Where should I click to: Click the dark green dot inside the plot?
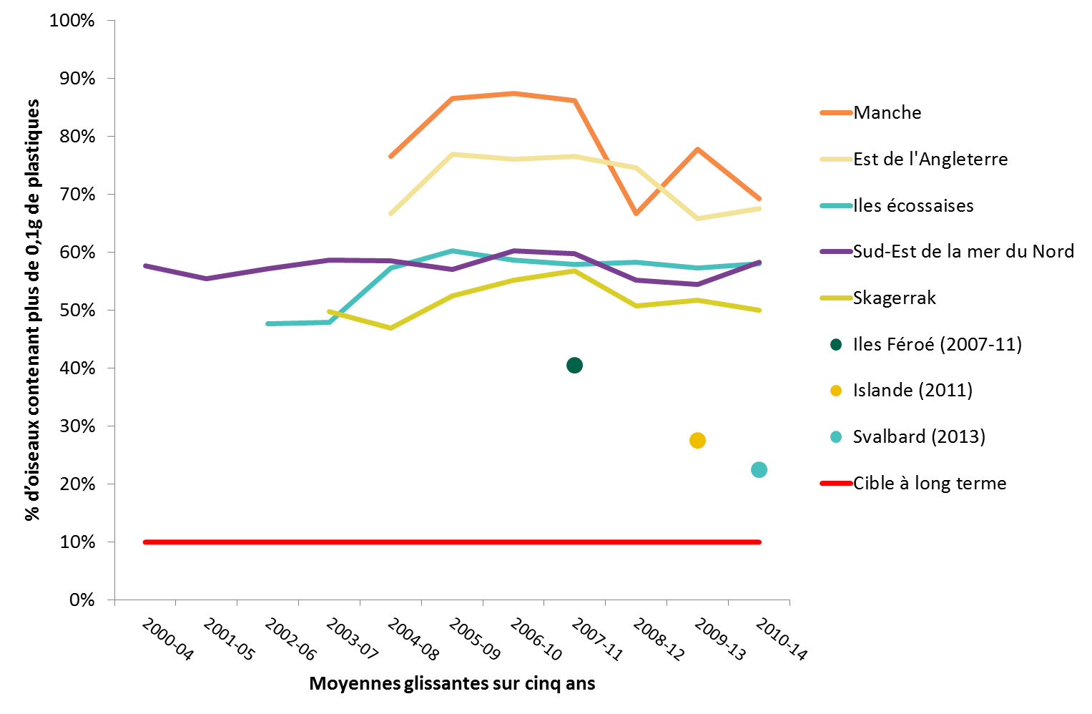(x=574, y=366)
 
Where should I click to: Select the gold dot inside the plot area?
(x=697, y=441)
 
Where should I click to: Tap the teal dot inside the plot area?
(x=759, y=470)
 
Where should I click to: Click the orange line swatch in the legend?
(x=836, y=113)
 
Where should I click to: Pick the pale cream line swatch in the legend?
(x=836, y=160)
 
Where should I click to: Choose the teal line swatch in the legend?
(x=836, y=206)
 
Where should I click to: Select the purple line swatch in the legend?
(x=836, y=252)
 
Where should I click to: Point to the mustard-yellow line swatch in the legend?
(x=836, y=298)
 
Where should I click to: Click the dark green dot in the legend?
(x=836, y=345)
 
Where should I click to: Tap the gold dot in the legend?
(x=836, y=391)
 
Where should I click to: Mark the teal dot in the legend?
(x=836, y=437)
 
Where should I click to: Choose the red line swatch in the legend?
(x=836, y=484)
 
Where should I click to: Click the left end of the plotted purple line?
(x=145, y=265)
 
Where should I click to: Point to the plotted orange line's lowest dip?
(x=636, y=214)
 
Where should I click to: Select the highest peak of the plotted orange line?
(x=513, y=93)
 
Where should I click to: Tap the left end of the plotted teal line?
(x=267, y=324)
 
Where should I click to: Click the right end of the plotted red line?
(x=759, y=542)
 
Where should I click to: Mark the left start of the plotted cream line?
(x=390, y=214)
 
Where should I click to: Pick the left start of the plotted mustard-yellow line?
(x=329, y=311)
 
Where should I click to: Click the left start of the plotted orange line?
(x=390, y=156)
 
